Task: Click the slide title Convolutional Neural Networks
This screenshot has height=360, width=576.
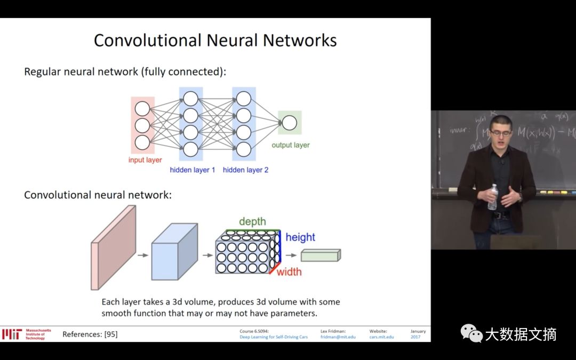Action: click(215, 41)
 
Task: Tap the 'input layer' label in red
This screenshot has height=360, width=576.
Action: click(145, 160)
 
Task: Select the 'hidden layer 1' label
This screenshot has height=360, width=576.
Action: click(193, 170)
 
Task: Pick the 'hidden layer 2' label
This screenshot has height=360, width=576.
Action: click(245, 170)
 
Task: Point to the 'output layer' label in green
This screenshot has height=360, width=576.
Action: click(290, 145)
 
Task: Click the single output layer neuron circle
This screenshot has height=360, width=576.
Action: click(289, 123)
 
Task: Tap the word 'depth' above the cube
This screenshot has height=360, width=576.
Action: click(252, 222)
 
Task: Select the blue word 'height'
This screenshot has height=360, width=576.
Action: click(300, 237)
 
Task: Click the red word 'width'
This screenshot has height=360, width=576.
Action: click(289, 272)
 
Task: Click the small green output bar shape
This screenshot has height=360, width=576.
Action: click(321, 255)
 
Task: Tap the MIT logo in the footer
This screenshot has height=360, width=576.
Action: click(11, 334)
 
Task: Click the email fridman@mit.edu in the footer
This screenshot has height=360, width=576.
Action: click(338, 337)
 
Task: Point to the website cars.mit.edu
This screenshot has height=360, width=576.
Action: click(381, 337)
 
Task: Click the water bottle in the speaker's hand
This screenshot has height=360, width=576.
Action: click(492, 197)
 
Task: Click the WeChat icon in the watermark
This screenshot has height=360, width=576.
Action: click(471, 334)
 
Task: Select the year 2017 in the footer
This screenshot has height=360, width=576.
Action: click(415, 337)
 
